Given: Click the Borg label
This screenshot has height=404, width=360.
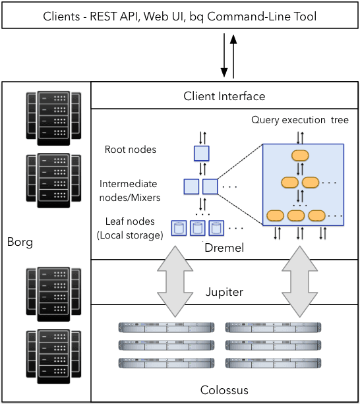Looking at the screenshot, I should [x=20, y=243].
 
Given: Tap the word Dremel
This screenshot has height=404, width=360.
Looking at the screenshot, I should [x=224, y=248].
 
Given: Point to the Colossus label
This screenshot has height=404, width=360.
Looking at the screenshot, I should [x=224, y=390].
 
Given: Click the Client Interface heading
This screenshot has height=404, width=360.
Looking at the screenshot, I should [x=224, y=96].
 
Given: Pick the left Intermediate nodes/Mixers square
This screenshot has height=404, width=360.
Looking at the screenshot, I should [x=191, y=187].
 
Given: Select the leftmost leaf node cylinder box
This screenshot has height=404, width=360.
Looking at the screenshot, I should [x=178, y=228].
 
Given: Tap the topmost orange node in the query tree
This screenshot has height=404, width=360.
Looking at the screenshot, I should [x=301, y=156].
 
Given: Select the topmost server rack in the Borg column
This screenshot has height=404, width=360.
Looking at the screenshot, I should [x=53, y=116].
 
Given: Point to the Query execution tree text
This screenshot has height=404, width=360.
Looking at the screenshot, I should [x=300, y=120].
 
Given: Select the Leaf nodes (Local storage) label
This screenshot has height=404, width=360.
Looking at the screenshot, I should [x=130, y=228].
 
